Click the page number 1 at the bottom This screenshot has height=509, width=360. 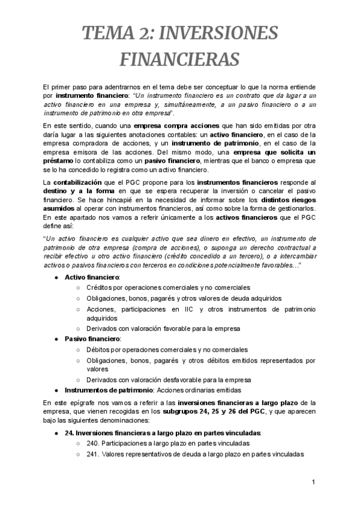point(313,482)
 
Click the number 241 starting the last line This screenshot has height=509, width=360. point(92,454)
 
